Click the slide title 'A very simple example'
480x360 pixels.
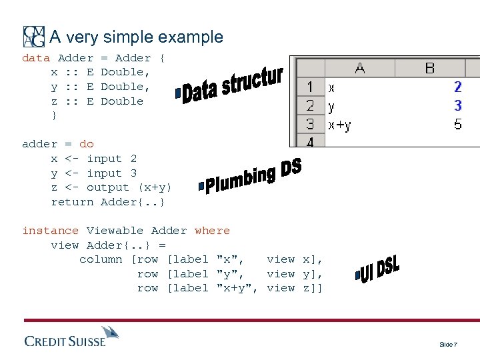(137, 37)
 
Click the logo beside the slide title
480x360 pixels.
(34, 37)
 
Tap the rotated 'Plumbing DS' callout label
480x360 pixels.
(252, 177)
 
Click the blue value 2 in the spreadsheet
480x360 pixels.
(457, 87)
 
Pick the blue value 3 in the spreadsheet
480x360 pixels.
(457, 105)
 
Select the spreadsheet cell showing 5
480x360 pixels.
(457, 124)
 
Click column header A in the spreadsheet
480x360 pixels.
(359, 68)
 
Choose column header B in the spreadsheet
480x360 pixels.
(429, 68)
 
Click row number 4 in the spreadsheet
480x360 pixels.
(310, 141)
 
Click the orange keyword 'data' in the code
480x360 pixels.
(36, 58)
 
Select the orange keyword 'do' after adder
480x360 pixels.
(87, 144)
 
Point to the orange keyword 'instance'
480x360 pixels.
(50, 231)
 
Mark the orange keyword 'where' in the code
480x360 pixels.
(212, 231)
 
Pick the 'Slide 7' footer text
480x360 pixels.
(448, 344)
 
